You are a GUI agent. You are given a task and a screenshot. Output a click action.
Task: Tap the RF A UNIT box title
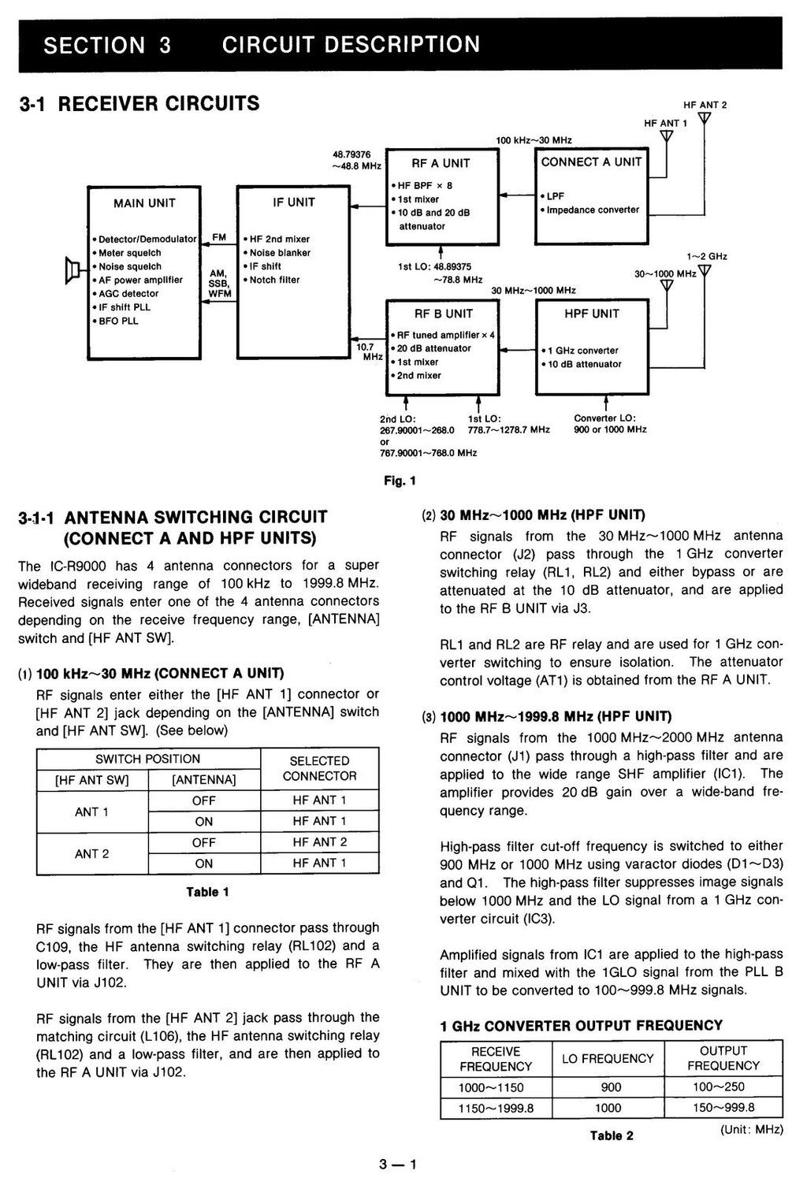[x=441, y=163]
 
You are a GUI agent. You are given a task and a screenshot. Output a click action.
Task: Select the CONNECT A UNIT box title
[x=591, y=162]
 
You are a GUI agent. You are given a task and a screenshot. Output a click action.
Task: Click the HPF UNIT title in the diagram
[x=592, y=314]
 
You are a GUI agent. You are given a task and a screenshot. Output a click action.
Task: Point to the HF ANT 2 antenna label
[x=705, y=105]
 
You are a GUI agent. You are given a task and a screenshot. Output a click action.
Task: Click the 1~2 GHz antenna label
[x=706, y=256]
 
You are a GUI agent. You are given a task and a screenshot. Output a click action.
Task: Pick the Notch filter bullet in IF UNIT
[x=272, y=280]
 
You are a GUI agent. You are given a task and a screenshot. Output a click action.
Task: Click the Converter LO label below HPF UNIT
[x=604, y=418]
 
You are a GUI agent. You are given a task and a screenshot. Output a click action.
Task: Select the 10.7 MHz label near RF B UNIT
[x=368, y=351]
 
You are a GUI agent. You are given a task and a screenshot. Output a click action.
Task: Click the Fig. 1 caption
[x=400, y=481]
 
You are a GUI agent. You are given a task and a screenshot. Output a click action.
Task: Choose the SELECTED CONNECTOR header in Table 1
[x=319, y=768]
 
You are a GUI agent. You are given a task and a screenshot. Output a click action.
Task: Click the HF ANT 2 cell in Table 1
[x=319, y=842]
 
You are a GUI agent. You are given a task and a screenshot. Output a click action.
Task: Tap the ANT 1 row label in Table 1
[x=91, y=812]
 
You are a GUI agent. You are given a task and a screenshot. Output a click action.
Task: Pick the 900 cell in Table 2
[x=610, y=1087]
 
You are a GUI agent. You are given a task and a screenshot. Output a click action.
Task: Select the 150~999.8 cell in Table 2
[x=723, y=1107]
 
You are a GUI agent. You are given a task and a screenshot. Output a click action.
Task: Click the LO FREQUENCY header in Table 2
[x=608, y=1058]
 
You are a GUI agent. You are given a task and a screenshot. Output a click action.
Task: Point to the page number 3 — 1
[x=397, y=1165]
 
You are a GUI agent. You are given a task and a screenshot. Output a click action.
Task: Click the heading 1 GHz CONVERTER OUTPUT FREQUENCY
[x=581, y=1025]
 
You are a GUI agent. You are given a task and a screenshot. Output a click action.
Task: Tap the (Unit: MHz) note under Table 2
[x=751, y=1129]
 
